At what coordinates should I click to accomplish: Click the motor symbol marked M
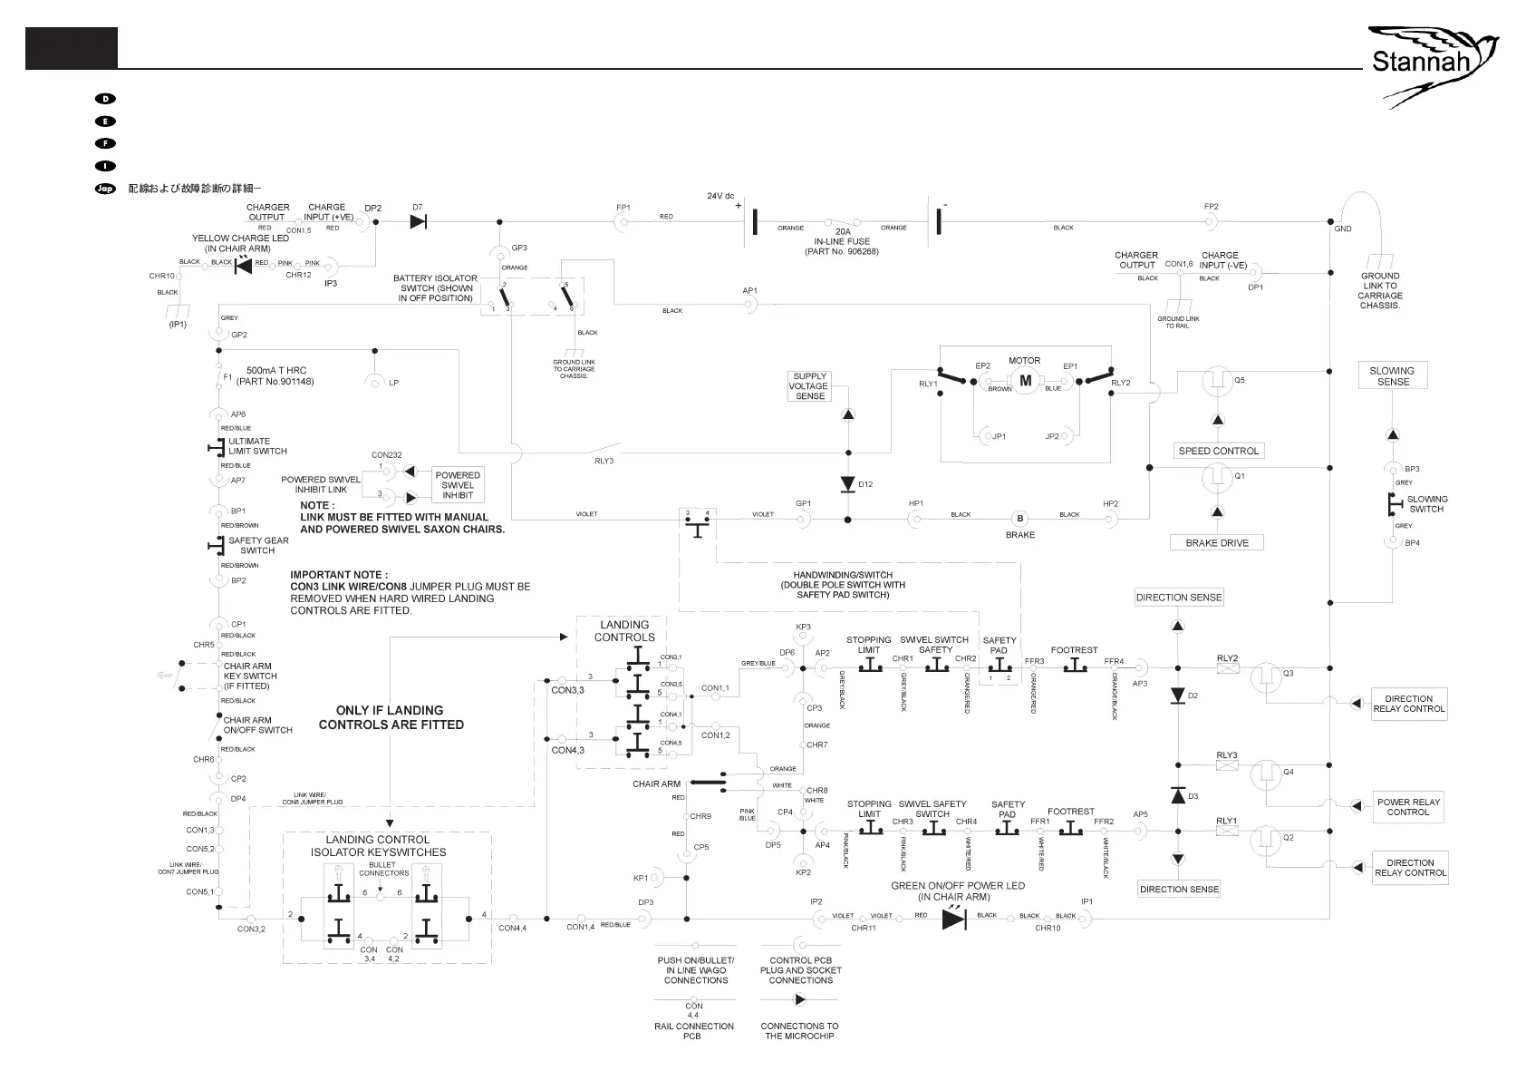[x=1026, y=382]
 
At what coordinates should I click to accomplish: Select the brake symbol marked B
[x=1020, y=519]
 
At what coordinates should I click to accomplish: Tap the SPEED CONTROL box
[x=1218, y=451]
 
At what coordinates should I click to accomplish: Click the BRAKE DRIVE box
[x=1217, y=543]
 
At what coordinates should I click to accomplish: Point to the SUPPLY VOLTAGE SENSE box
[x=809, y=386]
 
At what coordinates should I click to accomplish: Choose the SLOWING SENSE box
[x=1393, y=376]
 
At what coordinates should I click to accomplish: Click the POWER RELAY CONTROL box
[x=1407, y=807]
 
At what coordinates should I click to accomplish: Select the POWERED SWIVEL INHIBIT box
[x=458, y=485]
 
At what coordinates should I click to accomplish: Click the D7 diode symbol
[x=419, y=222]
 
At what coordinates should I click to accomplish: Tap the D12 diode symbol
[x=848, y=484]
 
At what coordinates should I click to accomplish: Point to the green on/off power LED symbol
[x=953, y=919]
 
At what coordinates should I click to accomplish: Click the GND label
[x=1343, y=229]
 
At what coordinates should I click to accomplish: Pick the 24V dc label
[x=720, y=196]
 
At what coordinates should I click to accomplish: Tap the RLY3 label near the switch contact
[x=604, y=461]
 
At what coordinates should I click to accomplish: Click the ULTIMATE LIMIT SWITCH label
[x=257, y=446]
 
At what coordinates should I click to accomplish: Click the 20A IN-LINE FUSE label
[x=842, y=241]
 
